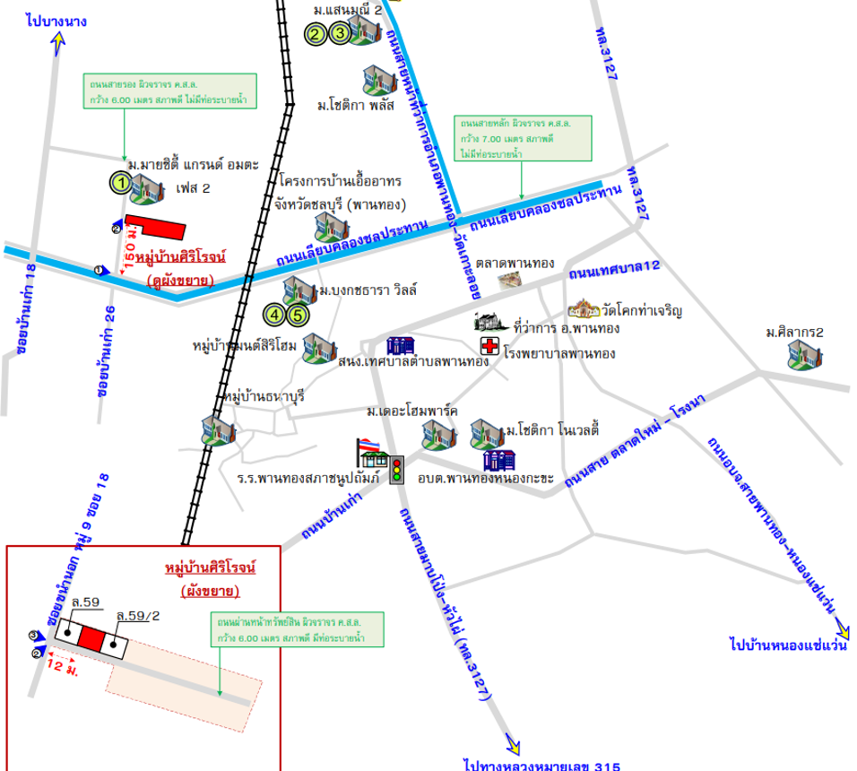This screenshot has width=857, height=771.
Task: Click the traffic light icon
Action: (397, 470)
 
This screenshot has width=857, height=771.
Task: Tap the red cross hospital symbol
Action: (489, 347)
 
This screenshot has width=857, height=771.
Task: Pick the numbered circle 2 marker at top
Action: (316, 35)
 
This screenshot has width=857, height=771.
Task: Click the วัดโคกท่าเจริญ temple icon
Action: (583, 309)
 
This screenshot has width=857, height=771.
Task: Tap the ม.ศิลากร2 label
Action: (794, 333)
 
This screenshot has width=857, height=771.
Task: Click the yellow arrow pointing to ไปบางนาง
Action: (59, 41)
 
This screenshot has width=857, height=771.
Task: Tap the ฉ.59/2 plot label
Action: (138, 615)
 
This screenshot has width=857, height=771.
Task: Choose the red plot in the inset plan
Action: (92, 637)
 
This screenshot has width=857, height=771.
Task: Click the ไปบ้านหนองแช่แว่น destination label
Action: (788, 644)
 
